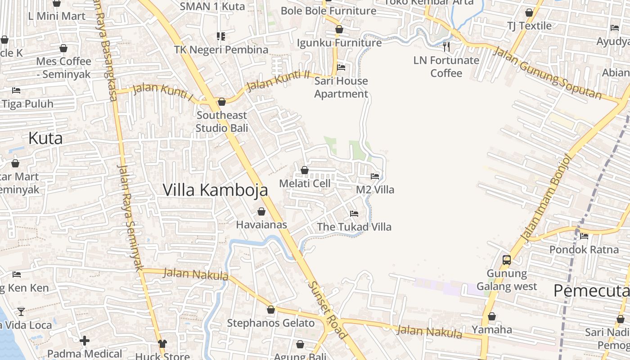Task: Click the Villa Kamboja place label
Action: (x=215, y=190)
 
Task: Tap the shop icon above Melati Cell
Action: (x=305, y=170)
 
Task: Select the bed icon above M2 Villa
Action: (x=375, y=176)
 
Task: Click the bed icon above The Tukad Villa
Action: (x=354, y=213)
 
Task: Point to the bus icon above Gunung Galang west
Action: (x=507, y=260)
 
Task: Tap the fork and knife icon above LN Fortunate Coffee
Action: (x=446, y=46)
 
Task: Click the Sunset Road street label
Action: (x=328, y=310)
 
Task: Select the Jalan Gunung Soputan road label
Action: (x=547, y=72)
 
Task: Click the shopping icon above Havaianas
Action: (x=261, y=211)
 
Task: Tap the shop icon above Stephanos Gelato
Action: (x=271, y=310)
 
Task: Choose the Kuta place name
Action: (x=45, y=138)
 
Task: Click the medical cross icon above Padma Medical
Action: (x=85, y=341)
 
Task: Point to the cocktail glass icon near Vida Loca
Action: (x=21, y=311)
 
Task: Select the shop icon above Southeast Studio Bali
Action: (x=221, y=102)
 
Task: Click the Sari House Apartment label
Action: (x=341, y=87)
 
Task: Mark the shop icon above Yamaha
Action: (x=492, y=317)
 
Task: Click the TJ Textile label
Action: (x=529, y=26)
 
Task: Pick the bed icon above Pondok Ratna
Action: (x=584, y=236)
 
